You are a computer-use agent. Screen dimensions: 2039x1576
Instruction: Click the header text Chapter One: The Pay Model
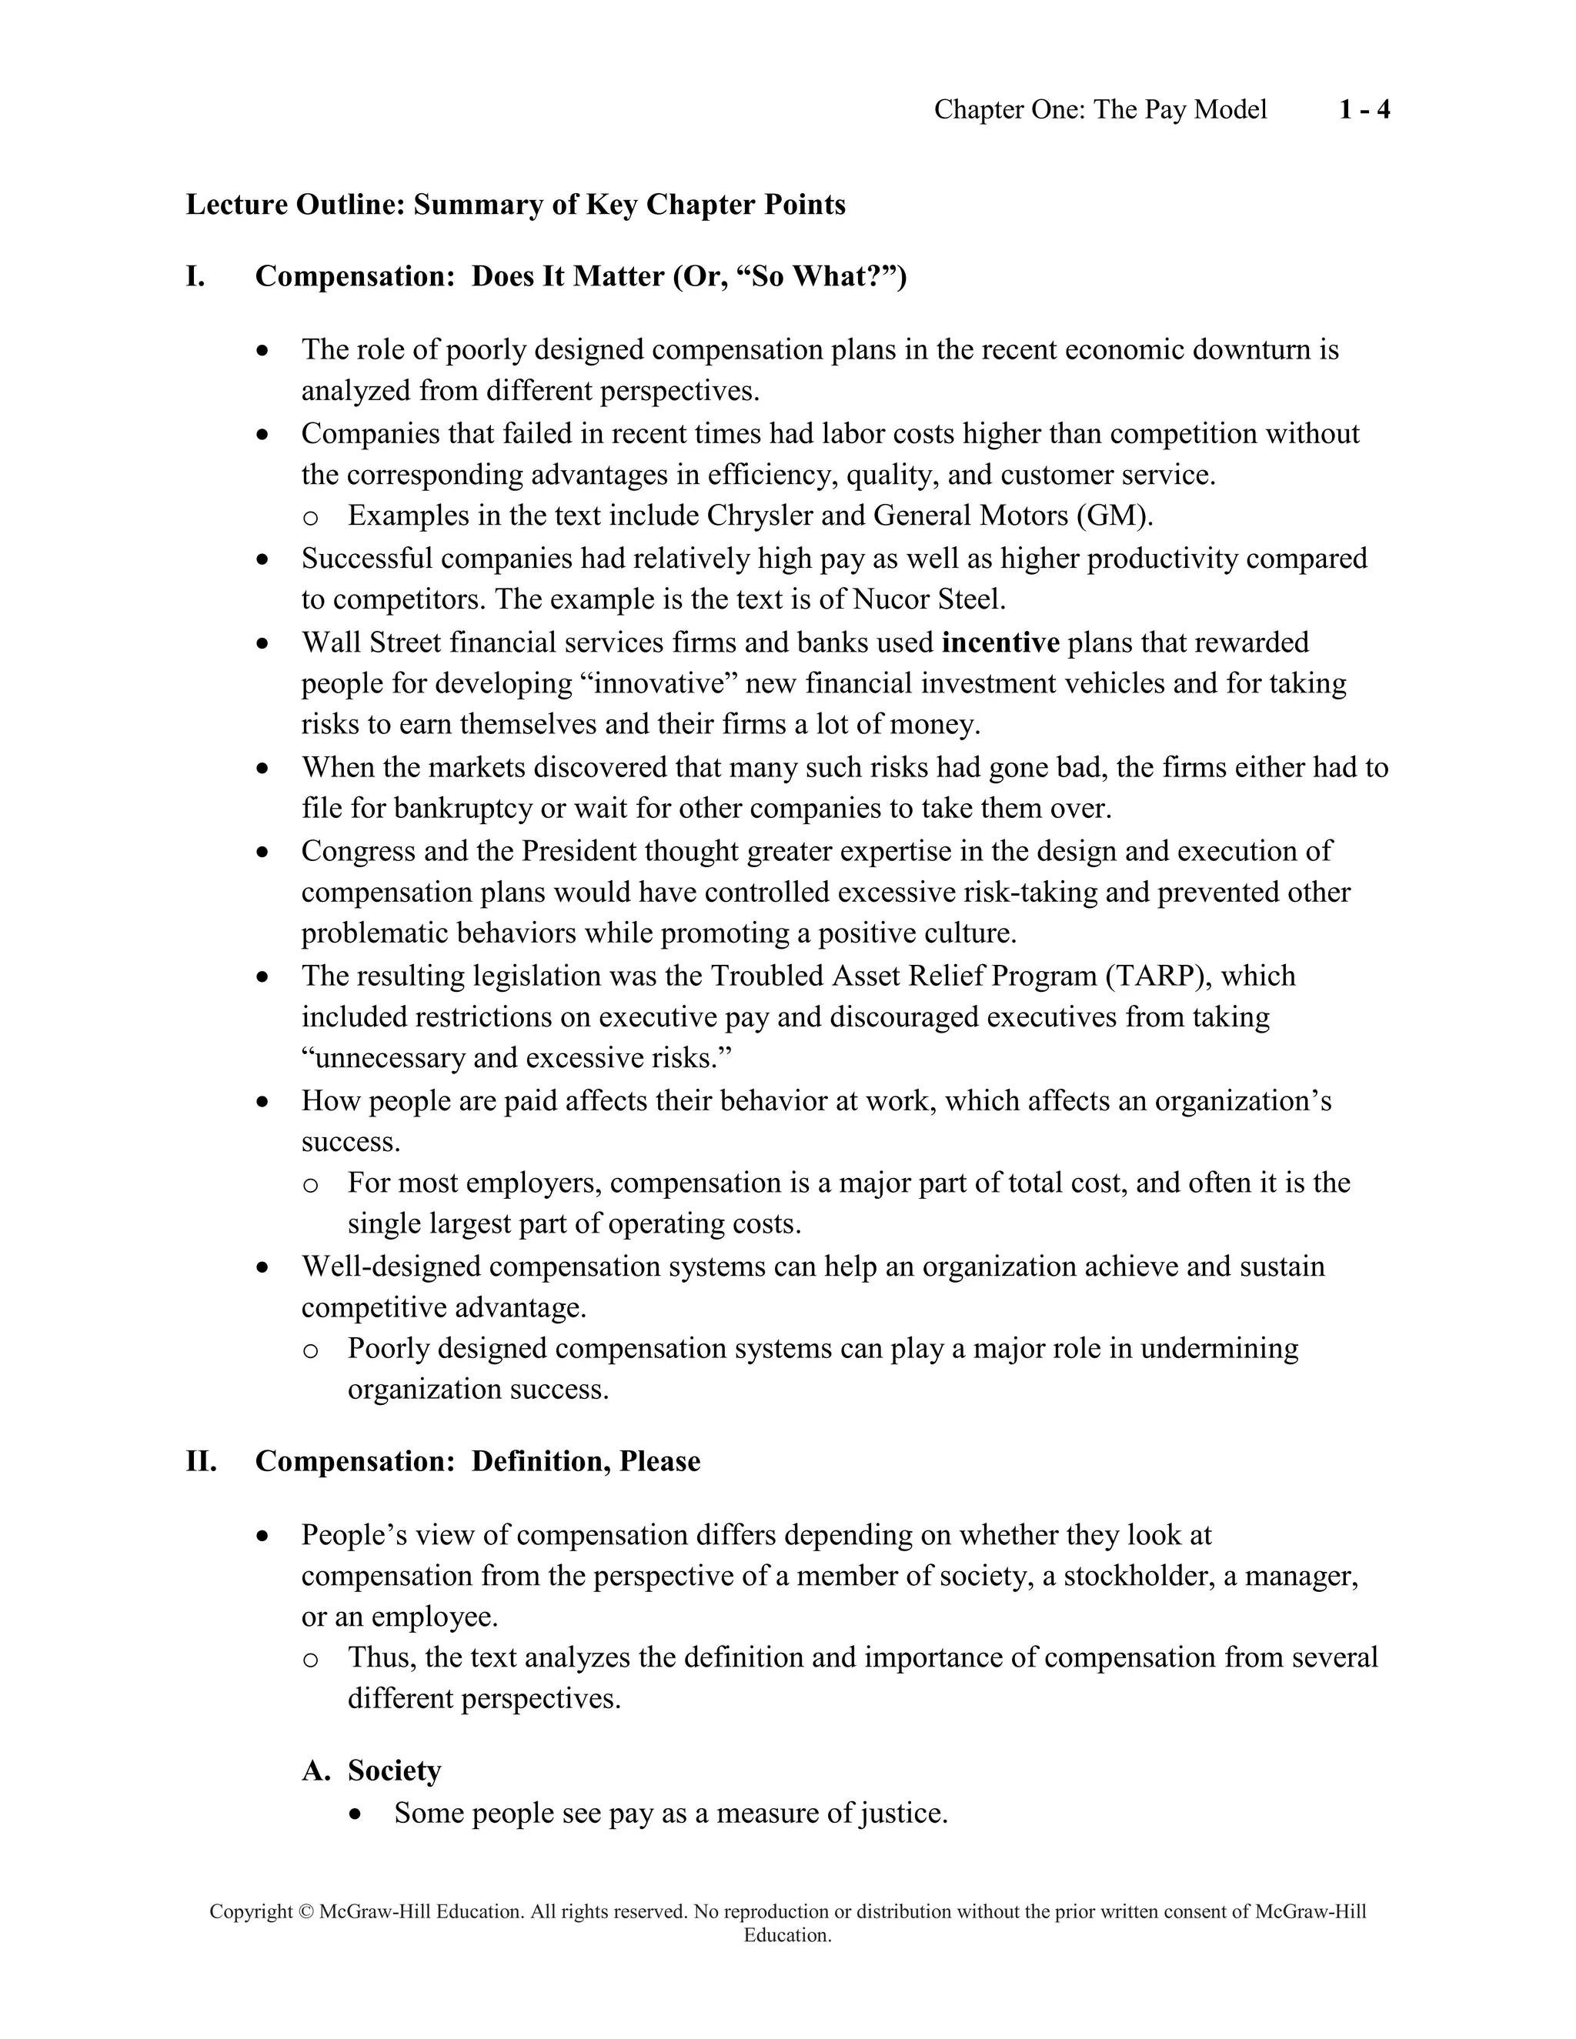click(x=1100, y=110)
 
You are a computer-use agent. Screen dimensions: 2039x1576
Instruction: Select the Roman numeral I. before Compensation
click(x=195, y=276)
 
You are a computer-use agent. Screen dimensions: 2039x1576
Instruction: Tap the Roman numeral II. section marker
click(x=201, y=1461)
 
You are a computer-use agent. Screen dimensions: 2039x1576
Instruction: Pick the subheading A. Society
click(x=372, y=1770)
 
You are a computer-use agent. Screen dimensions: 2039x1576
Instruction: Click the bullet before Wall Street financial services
click(x=264, y=643)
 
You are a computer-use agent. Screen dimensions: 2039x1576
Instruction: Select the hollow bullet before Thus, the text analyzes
click(x=311, y=1659)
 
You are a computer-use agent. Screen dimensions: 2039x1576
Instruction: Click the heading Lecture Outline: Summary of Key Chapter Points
click(x=516, y=205)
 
